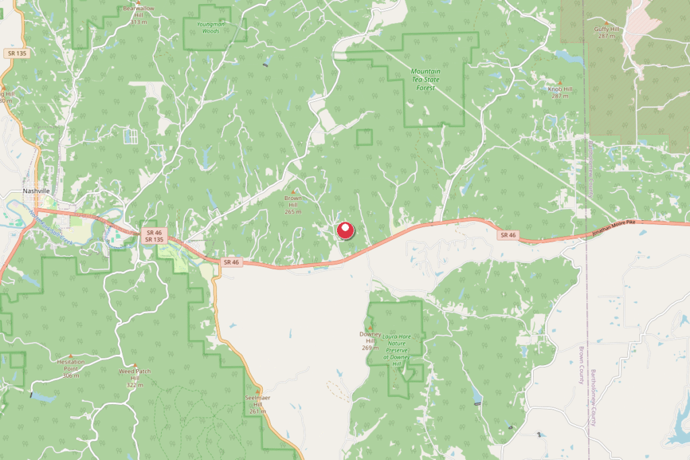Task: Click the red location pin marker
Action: click(x=345, y=230)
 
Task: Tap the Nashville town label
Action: click(x=36, y=191)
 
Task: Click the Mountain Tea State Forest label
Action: click(x=426, y=79)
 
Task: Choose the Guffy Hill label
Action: click(x=606, y=30)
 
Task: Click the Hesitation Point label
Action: click(x=71, y=364)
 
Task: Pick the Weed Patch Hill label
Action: click(x=135, y=374)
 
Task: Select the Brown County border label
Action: click(x=582, y=365)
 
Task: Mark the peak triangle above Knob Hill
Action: click(x=560, y=82)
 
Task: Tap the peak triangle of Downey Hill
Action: click(x=370, y=327)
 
